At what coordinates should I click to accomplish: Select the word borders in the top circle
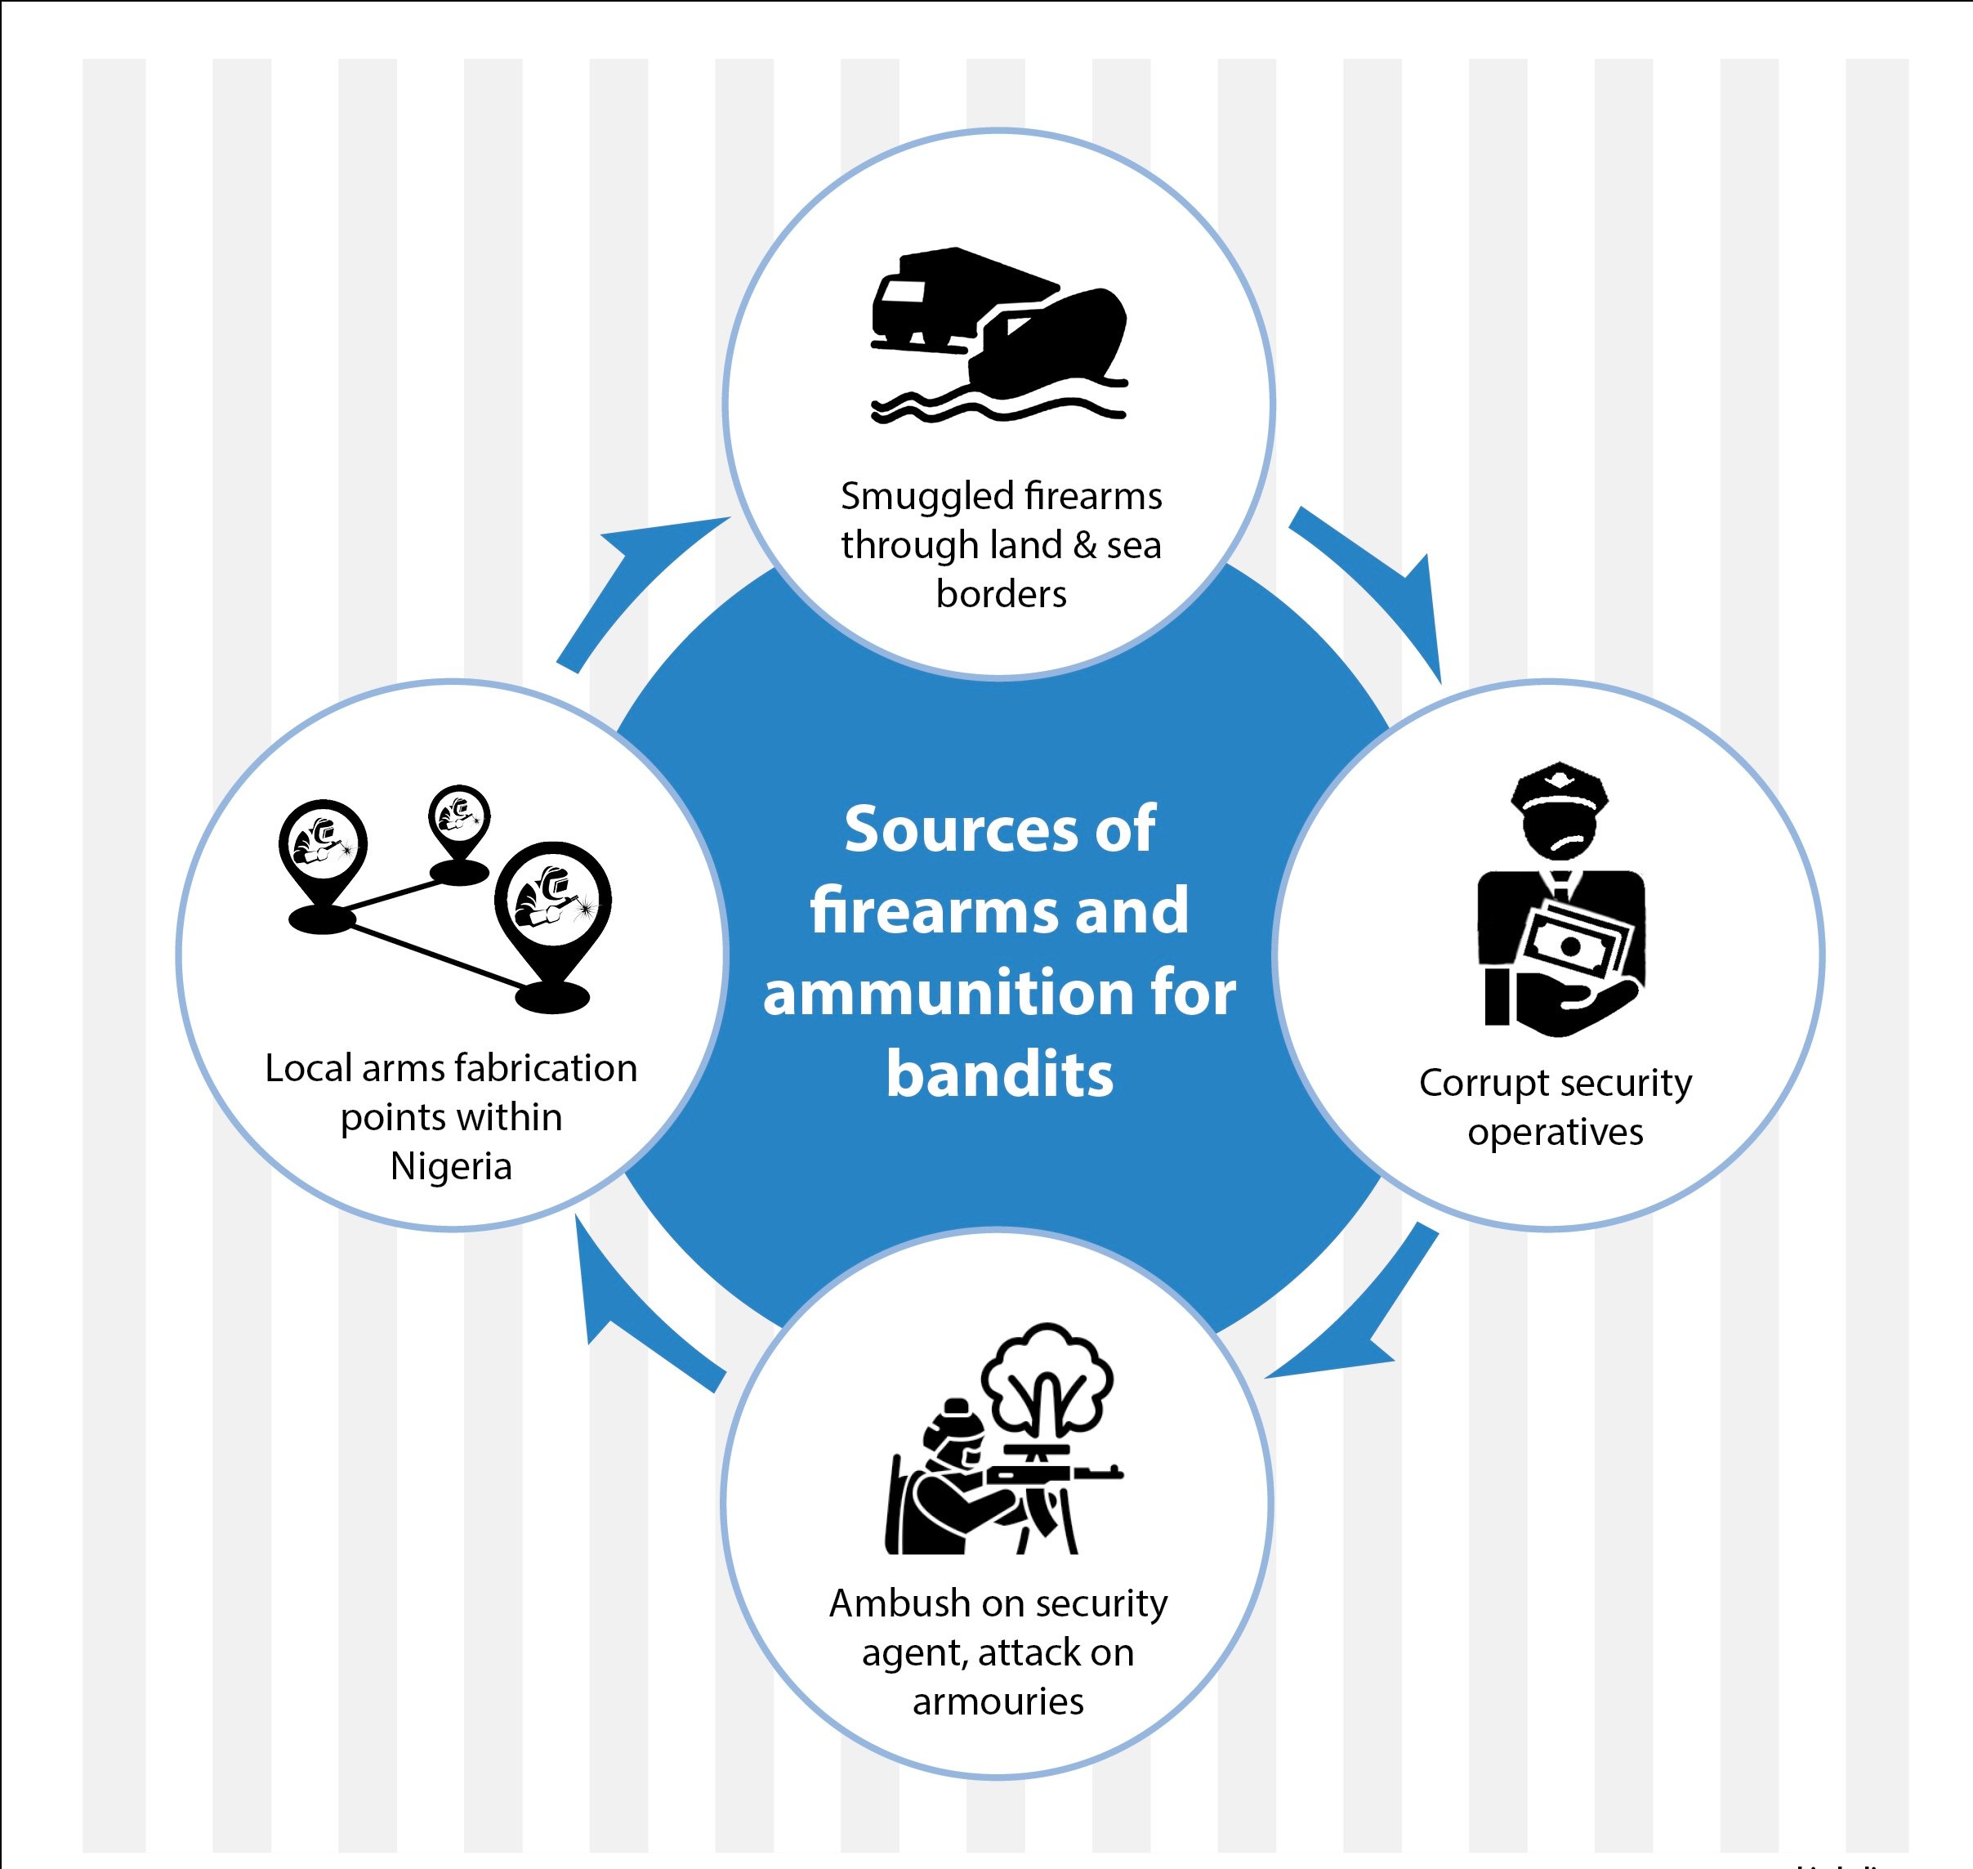click(x=1001, y=594)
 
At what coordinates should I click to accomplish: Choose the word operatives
click(x=1555, y=1133)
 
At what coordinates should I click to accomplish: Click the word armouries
click(x=998, y=1701)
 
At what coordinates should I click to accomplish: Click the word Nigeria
click(x=451, y=1165)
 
